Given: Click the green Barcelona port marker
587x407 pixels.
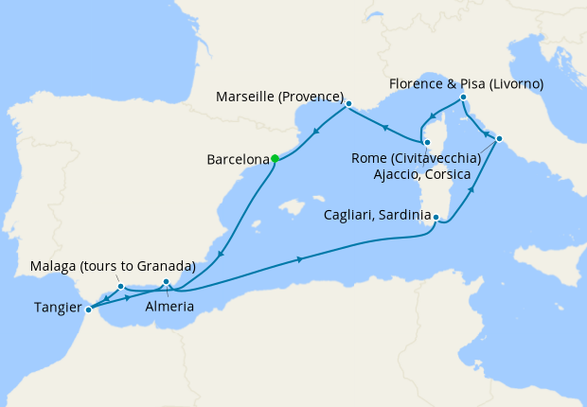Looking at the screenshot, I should click(x=275, y=159).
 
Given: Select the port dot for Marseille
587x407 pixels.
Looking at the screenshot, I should click(x=348, y=104).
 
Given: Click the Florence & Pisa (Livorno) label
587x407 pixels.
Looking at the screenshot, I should click(x=467, y=84).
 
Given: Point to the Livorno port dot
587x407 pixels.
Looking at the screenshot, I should click(x=463, y=98).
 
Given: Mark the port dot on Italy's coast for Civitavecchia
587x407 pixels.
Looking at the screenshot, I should click(x=500, y=141).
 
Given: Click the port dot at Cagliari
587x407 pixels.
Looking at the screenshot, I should click(x=436, y=219).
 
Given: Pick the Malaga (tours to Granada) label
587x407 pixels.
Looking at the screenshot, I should click(x=113, y=265).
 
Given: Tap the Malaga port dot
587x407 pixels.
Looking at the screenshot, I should click(x=121, y=287).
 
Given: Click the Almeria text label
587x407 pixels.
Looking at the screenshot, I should click(x=170, y=308).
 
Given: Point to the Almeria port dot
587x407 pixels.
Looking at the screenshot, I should click(x=166, y=282).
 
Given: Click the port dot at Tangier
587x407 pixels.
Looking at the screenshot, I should click(x=88, y=309).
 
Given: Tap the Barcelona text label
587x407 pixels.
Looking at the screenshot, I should click(x=236, y=160).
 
